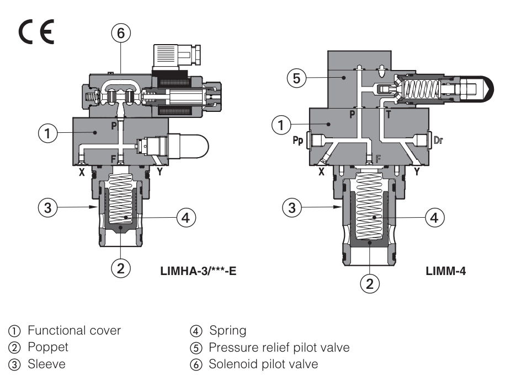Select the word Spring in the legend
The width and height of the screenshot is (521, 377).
pyautogui.click(x=227, y=331)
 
